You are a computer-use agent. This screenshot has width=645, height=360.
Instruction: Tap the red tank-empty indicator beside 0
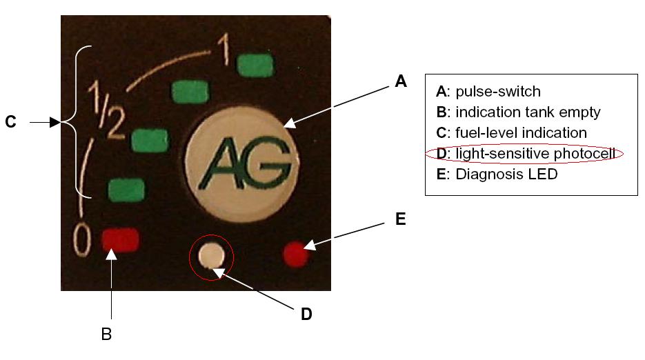121,240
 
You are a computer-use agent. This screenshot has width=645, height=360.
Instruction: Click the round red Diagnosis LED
295,253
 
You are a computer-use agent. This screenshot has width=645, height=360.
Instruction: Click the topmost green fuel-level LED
256,66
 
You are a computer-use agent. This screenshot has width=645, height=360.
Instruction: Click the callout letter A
400,82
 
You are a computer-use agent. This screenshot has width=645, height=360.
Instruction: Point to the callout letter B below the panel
106,334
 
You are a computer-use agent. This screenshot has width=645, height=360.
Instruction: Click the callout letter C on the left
10,123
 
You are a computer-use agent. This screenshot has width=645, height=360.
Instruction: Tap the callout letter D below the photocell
306,314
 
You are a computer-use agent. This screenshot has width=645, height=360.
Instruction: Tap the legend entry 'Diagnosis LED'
506,174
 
